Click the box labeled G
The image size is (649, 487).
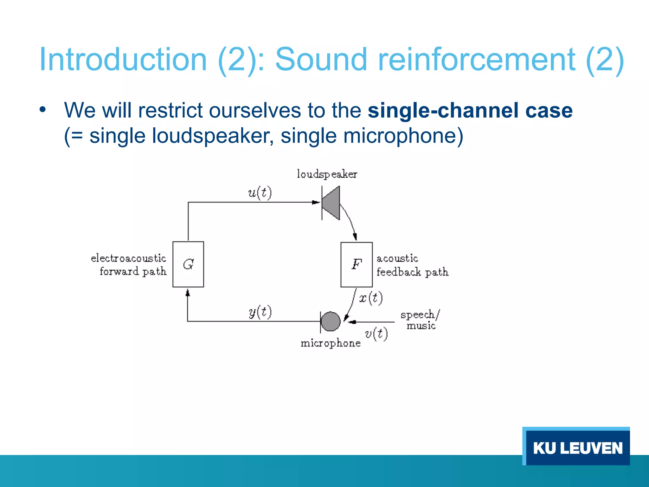188,264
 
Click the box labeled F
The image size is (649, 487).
356,264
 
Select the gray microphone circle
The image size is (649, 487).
331,321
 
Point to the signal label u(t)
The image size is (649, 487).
260,193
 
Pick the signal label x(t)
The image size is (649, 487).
371,298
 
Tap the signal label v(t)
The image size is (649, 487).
376,334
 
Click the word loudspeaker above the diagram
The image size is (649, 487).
327,174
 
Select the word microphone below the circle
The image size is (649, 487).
331,343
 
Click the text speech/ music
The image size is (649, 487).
420,320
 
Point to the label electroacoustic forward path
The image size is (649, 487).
129,265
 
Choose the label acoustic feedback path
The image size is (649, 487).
412,265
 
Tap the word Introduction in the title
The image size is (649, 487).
123,60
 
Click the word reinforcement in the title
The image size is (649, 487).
477,60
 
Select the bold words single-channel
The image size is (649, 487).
443,110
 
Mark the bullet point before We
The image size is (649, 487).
43,110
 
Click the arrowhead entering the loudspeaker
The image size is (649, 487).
316,202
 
